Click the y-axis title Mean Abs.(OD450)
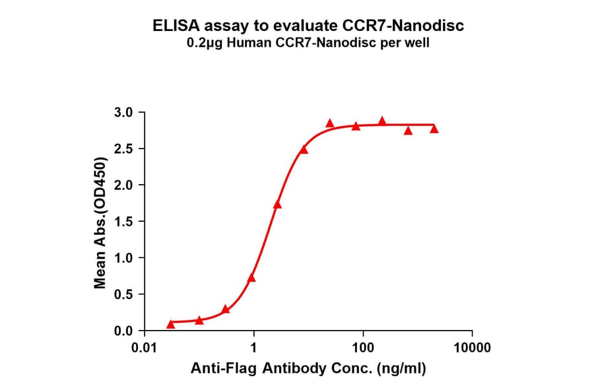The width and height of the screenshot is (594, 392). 100,223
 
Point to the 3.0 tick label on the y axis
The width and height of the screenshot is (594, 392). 125,112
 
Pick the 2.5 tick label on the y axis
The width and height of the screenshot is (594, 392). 125,148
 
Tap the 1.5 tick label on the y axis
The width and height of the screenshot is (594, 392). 125,221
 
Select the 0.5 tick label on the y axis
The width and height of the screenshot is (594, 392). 125,294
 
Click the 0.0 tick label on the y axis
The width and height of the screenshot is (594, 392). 125,330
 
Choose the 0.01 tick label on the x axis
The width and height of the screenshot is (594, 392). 145,347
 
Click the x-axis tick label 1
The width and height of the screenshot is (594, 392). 253,347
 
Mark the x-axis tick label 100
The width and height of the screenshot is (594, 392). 362,347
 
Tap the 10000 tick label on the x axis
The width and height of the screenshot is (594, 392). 471,347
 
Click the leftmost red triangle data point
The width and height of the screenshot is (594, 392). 171,324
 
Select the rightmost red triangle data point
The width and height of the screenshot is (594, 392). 434,129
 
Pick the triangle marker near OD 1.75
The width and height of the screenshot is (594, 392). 277,205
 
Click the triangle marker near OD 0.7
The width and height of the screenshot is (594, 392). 251,278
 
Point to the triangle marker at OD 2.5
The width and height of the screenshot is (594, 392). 304,149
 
